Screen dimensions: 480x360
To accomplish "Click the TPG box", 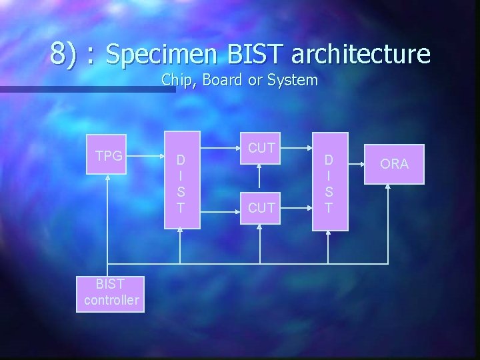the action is click(x=108, y=161).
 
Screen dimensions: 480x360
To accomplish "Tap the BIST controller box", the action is click(x=111, y=292).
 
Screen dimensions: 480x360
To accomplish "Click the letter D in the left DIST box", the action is click(x=180, y=161).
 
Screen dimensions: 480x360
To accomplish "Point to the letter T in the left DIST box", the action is click(x=180, y=208).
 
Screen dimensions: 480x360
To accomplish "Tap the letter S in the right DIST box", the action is click(x=329, y=192).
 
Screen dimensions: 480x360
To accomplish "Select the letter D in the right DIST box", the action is click(x=329, y=161).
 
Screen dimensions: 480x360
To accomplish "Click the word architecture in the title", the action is click(x=361, y=54).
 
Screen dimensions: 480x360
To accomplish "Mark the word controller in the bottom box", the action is click(x=111, y=300).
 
